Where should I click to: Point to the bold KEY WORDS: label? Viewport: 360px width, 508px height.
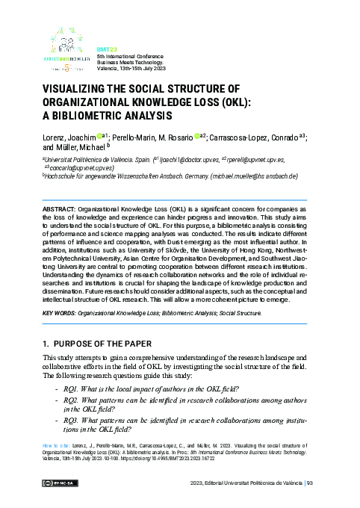61,313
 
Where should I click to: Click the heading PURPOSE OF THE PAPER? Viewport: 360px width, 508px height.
108,344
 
